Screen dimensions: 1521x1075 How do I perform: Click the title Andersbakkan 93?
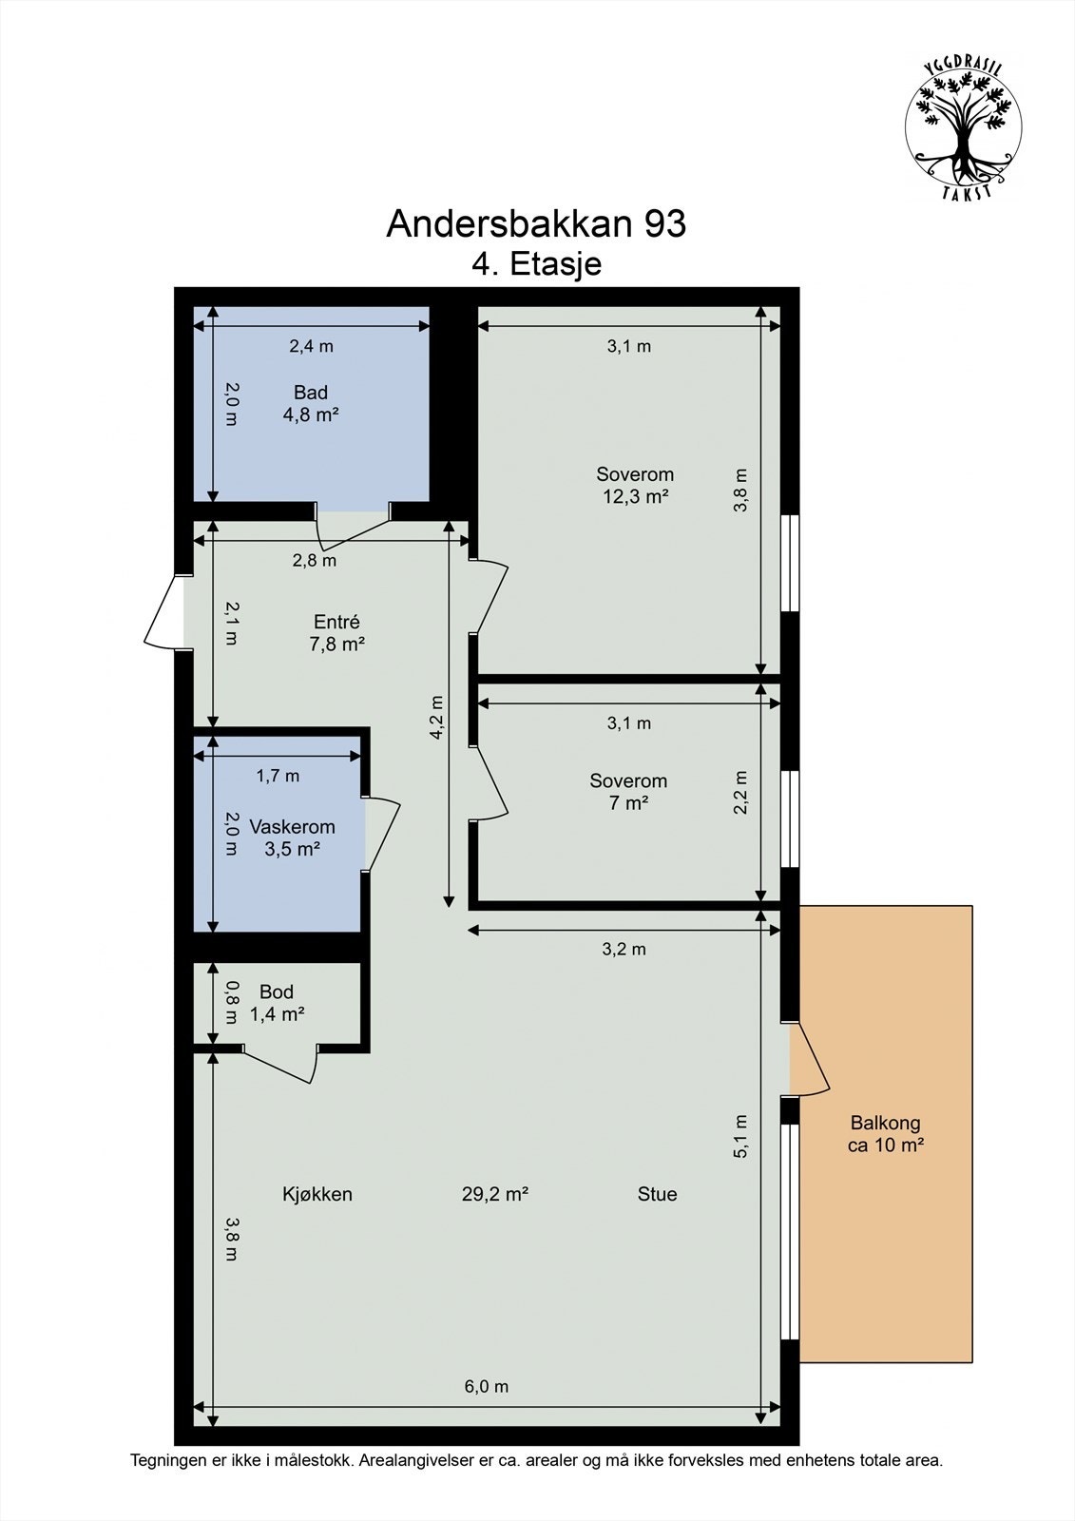point(536,224)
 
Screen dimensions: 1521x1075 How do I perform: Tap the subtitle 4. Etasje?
point(536,263)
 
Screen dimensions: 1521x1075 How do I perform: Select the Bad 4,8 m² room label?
point(311,403)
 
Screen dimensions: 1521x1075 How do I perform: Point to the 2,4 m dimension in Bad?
point(311,346)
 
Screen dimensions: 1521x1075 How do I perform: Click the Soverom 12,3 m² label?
point(635,485)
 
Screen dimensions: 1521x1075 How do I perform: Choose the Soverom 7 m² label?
point(628,792)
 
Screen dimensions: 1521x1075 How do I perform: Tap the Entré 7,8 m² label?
point(336,632)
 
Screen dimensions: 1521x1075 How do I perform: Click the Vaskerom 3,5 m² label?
point(292,838)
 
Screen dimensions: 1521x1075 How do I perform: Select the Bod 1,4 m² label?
point(277,1003)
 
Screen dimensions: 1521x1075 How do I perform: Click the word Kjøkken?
point(317,1194)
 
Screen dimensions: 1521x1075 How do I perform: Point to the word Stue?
point(657,1194)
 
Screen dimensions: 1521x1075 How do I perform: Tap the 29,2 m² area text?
point(495,1194)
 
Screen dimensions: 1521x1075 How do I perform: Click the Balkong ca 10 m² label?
point(885,1134)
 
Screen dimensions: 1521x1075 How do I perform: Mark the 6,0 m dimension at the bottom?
point(486,1386)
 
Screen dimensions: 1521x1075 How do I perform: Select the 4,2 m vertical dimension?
point(436,717)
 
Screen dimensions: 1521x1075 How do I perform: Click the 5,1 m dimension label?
point(741,1135)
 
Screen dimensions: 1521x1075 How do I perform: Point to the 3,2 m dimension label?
point(624,949)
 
